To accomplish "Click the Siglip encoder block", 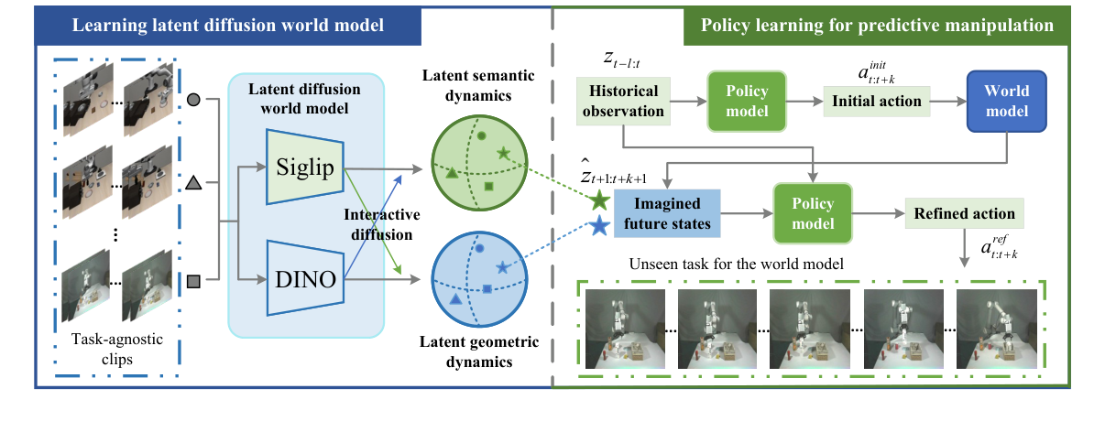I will [x=305, y=167].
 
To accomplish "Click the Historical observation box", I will [x=624, y=101].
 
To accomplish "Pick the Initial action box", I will [x=877, y=101].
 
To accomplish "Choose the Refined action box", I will [x=963, y=214].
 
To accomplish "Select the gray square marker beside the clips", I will [x=193, y=280].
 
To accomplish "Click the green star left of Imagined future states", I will [x=599, y=200].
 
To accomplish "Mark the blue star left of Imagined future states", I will [x=599, y=227].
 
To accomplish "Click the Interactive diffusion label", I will [x=382, y=223].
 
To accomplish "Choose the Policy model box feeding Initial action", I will [x=747, y=101].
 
